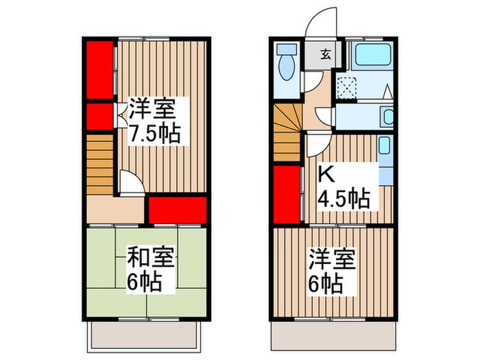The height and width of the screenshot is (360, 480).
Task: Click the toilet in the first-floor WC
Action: (x=287, y=64)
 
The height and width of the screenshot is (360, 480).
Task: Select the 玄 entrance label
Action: (x=325, y=56)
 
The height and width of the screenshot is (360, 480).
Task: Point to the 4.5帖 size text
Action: (x=343, y=200)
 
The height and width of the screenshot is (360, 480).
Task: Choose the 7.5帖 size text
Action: (x=156, y=132)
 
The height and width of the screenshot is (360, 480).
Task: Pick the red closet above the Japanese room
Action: (x=178, y=209)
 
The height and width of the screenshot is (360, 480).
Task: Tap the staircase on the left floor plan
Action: (x=100, y=165)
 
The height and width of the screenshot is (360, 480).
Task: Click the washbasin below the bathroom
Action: (x=387, y=116)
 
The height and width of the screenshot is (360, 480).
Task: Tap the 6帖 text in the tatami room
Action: (x=145, y=282)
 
